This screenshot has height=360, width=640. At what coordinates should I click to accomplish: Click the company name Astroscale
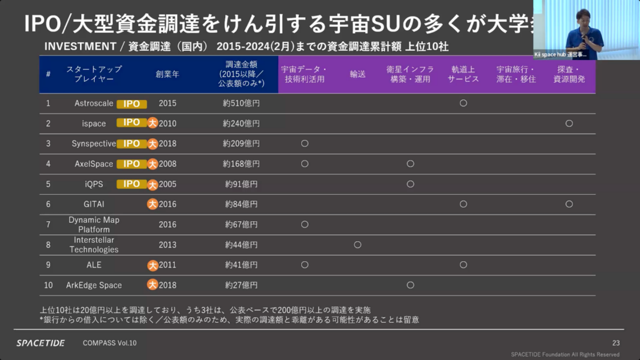pos(94,103)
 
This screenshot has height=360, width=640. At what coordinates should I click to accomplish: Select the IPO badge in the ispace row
pos(131,123)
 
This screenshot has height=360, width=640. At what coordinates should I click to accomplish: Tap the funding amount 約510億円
pos(241,103)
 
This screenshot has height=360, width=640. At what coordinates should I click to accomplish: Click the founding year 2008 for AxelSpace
pos(167,164)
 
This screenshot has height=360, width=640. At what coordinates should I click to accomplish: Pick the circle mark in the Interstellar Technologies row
pos(358,245)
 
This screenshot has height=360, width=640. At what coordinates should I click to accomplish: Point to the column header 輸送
pos(358,74)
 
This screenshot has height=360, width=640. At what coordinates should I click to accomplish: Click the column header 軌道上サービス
pos(463,74)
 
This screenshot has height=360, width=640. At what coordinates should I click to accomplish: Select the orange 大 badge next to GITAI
pos(153,204)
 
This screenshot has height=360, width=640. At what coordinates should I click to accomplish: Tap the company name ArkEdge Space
pos(94,285)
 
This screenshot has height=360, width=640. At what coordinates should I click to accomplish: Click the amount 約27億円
pos(241,285)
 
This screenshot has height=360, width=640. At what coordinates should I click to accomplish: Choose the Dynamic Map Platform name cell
pos(94,225)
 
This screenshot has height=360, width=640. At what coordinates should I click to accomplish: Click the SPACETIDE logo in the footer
pos(41,343)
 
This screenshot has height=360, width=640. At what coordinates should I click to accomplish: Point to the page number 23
pos(615,343)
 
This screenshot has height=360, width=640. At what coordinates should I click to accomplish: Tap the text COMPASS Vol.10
pos(110,343)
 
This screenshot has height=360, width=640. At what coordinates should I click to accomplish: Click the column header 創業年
pos(167,74)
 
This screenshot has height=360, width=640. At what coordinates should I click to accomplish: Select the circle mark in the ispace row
pos(569,123)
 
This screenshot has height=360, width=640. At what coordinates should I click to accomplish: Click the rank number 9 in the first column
pos(49,265)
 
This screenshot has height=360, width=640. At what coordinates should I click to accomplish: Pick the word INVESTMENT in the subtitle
pos(80,46)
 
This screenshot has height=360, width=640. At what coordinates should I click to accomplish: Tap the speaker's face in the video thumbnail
pos(582,15)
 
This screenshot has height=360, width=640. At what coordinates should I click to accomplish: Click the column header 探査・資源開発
pos(569,74)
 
